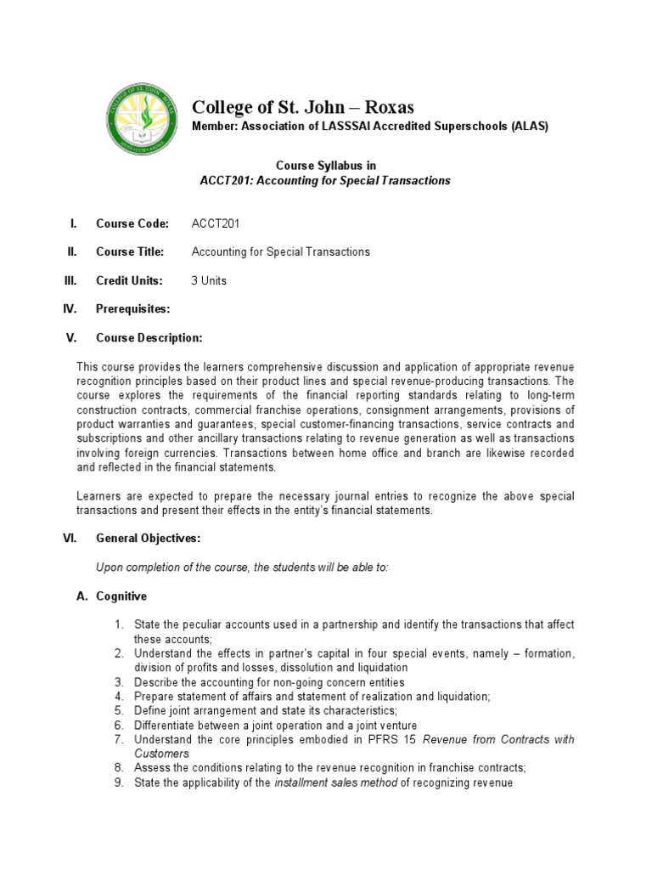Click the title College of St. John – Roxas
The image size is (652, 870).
(303, 106)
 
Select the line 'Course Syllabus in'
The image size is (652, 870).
(325, 167)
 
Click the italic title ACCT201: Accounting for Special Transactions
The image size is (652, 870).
(325, 181)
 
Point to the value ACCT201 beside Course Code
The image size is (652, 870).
(216, 223)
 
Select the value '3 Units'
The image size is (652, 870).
(210, 280)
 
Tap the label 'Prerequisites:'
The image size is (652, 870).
(133, 308)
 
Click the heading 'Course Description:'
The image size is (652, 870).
(149, 337)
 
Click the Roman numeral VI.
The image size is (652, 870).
(71, 538)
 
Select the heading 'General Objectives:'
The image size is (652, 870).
(149, 538)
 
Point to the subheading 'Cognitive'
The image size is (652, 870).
(122, 596)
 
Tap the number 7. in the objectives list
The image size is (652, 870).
(120, 739)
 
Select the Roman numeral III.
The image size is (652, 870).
(71, 280)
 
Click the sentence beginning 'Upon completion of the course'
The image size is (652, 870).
(242, 567)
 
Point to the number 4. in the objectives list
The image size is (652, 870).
(120, 696)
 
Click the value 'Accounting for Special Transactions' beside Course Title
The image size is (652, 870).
(281, 251)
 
